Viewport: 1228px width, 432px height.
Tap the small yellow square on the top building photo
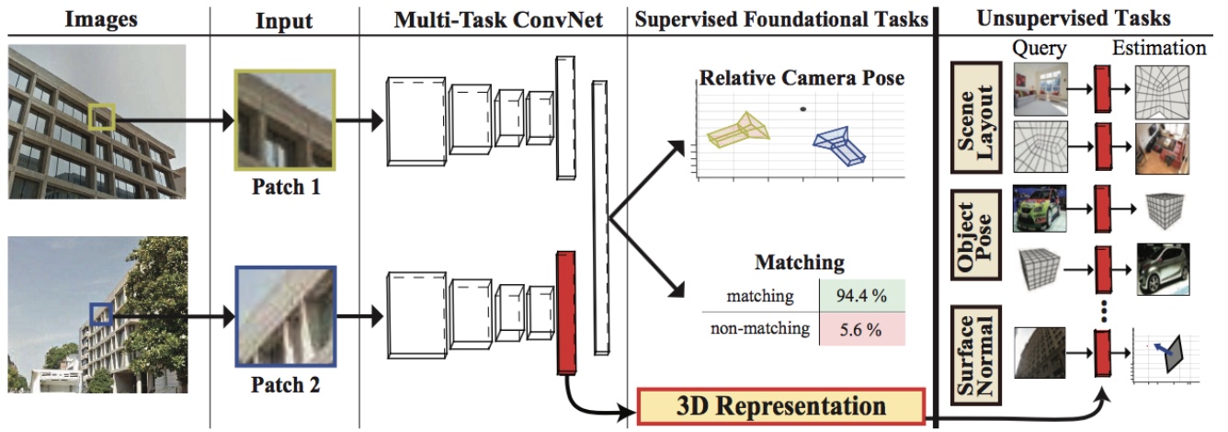(x=102, y=118)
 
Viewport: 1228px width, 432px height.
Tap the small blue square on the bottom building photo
(x=101, y=315)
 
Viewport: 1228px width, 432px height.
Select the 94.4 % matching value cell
(x=862, y=296)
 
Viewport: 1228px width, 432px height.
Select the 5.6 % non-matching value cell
(x=862, y=328)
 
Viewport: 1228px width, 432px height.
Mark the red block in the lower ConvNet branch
(x=564, y=312)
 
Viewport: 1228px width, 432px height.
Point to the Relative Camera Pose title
(x=802, y=78)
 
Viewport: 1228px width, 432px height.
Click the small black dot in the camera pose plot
(x=803, y=109)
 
